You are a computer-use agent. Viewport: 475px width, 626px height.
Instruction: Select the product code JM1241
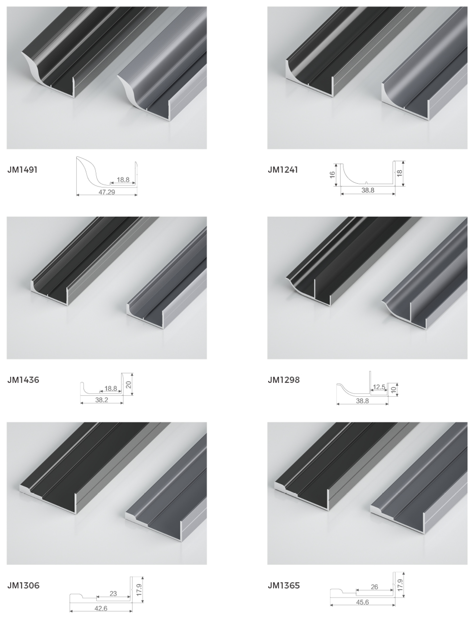(283, 170)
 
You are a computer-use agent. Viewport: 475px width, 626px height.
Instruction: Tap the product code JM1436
(23, 380)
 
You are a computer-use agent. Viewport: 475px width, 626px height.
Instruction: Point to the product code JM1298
(284, 380)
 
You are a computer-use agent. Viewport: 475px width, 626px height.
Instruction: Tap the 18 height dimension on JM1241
(400, 173)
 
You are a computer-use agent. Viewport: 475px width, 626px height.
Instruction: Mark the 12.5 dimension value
(379, 387)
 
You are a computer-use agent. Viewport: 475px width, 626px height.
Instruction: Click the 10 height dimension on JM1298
(393, 390)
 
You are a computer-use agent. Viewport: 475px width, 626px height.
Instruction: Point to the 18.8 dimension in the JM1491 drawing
(123, 179)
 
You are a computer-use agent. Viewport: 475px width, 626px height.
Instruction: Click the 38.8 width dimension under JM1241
(368, 190)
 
